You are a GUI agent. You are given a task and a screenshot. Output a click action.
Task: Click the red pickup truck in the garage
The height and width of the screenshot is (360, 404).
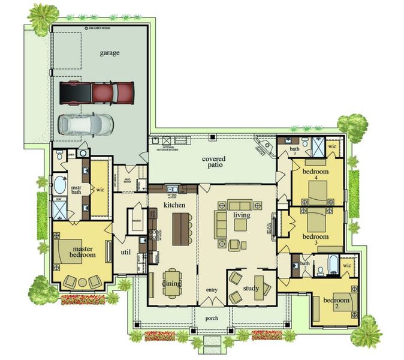pyautogui.click(x=97, y=92)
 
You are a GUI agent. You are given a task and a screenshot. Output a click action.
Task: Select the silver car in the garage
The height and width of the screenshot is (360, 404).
pyautogui.click(x=85, y=124)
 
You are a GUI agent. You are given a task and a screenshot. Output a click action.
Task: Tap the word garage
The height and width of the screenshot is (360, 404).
pyautogui.click(x=110, y=53)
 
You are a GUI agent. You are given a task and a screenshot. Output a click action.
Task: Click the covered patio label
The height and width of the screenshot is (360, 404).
pyautogui.click(x=214, y=162)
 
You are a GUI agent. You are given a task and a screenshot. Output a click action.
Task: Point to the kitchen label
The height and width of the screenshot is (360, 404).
pyautogui.click(x=174, y=206)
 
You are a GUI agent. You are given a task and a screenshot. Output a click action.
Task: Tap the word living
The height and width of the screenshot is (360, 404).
pyautogui.click(x=242, y=215)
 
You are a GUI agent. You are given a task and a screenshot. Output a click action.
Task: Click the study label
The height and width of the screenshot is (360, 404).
pyautogui.click(x=251, y=289)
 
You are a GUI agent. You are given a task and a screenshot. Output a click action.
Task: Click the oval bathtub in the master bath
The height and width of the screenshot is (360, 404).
pyautogui.click(x=61, y=183)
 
